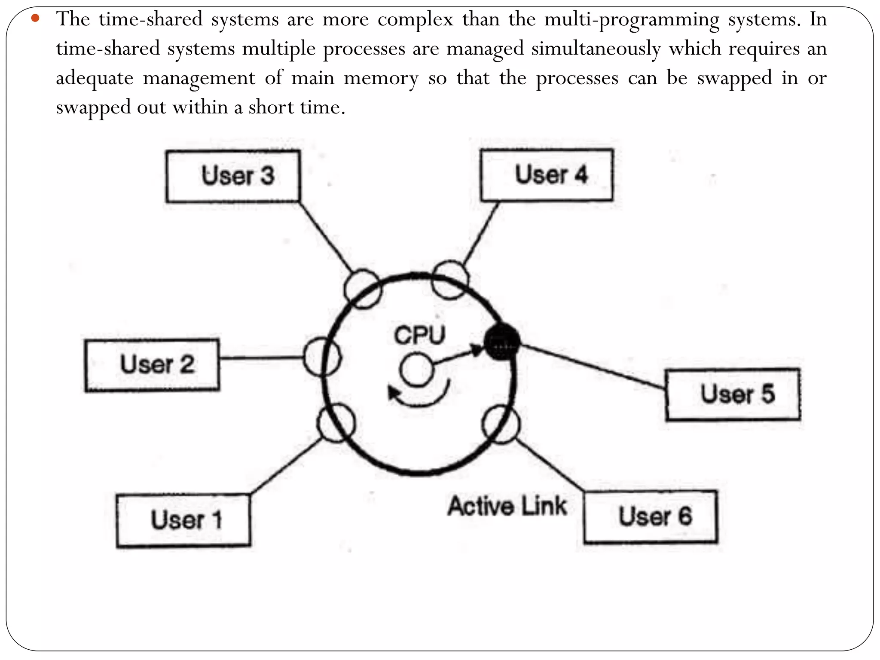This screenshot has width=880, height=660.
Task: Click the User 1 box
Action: [x=183, y=520]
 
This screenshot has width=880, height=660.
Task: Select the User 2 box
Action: [x=152, y=365]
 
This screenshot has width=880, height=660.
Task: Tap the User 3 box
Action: [x=233, y=176]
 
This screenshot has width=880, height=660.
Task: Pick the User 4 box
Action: [x=547, y=175]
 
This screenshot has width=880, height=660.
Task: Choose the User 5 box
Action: [x=733, y=394]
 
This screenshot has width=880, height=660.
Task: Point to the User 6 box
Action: [x=651, y=516]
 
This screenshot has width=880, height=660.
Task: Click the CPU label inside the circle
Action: [x=420, y=335]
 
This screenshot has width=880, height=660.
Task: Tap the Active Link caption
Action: [x=507, y=506]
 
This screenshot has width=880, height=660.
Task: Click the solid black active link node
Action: [x=501, y=342]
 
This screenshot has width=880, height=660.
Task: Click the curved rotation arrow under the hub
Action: [x=419, y=397]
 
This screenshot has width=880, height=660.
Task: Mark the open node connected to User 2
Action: [x=322, y=357]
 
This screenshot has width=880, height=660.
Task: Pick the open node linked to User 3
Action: [x=363, y=289]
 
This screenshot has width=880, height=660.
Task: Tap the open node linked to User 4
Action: [x=450, y=280]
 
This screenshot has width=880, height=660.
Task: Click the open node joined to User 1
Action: [x=336, y=423]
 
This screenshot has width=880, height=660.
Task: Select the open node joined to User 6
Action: [x=501, y=424]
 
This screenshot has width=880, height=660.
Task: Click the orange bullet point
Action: [x=35, y=18]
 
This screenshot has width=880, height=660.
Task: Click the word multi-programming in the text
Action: [x=631, y=19]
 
